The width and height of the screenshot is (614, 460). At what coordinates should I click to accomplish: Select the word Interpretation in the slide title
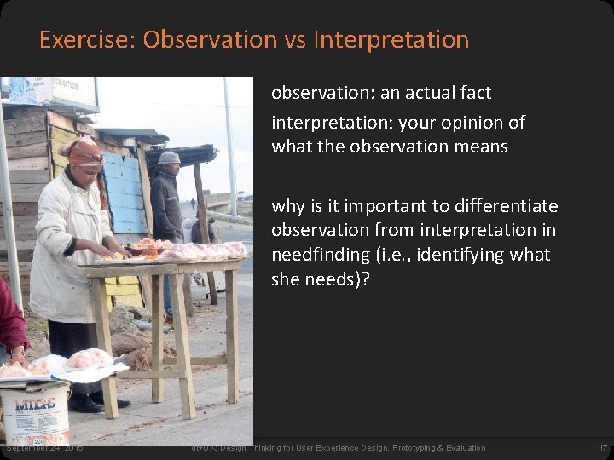(x=391, y=40)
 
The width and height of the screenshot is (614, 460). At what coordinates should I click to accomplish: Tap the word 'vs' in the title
(x=294, y=40)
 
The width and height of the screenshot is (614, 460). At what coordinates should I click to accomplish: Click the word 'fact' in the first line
(x=475, y=92)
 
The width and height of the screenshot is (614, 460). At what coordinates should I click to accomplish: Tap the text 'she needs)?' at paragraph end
(x=320, y=279)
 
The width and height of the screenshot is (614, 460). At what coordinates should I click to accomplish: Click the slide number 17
(x=603, y=448)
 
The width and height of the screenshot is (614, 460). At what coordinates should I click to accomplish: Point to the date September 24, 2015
(x=43, y=448)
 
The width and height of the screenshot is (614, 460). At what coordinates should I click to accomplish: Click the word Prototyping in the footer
(x=392, y=448)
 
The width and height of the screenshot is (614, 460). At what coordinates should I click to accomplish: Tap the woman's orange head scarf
(x=85, y=152)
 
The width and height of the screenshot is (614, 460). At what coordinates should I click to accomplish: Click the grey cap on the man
(x=169, y=158)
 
